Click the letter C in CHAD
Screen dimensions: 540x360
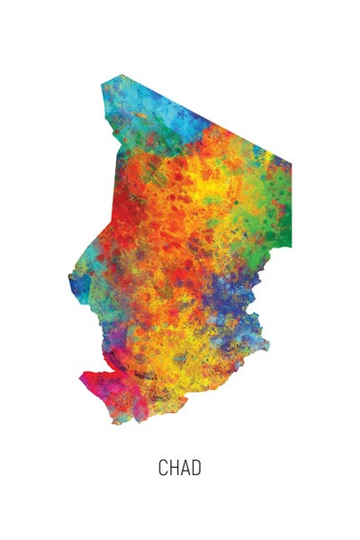pyautogui.click(x=164, y=468)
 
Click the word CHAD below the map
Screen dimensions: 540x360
pyautogui.click(x=180, y=468)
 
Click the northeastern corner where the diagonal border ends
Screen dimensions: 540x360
pyautogui.click(x=291, y=166)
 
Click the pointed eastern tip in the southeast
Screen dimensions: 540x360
pyautogui.click(x=268, y=343)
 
